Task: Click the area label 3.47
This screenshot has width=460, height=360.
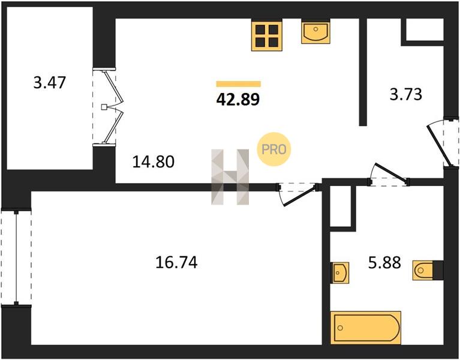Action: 50,82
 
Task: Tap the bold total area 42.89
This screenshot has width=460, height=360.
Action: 238,99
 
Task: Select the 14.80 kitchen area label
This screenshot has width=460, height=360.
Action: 154,161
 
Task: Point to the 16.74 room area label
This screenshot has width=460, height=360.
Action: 176,262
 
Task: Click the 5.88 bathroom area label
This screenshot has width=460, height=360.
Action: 384,263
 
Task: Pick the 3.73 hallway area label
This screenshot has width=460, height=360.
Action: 406,94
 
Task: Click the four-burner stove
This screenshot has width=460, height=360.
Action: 267,35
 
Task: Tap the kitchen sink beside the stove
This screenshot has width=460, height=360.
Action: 315,31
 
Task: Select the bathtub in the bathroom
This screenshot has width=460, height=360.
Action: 365,328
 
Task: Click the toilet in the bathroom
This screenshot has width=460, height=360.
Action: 423,270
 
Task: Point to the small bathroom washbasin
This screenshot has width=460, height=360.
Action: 339,272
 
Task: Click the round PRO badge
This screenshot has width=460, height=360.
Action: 273,149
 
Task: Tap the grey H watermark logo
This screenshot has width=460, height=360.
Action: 230,177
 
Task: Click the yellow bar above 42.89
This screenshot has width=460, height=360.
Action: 239,84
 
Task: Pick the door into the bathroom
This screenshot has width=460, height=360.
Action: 389,175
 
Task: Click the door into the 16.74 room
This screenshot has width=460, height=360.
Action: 297,194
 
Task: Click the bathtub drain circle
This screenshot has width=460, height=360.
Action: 340,328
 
